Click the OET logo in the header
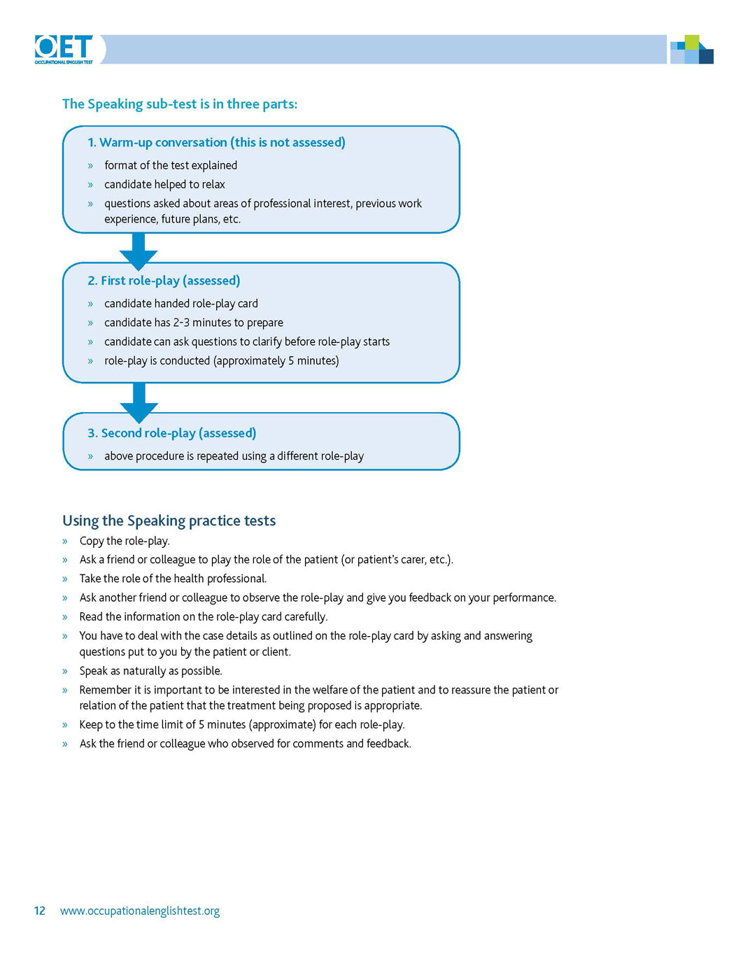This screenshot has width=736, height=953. click(64, 49)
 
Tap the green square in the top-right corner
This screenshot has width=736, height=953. click(691, 42)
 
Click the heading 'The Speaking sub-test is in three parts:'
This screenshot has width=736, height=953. click(180, 104)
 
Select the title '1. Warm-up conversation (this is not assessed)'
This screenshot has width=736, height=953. click(216, 143)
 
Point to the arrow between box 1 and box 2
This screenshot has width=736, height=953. click(139, 250)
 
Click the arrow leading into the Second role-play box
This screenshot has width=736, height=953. click(139, 402)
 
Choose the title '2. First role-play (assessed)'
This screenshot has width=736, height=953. click(164, 281)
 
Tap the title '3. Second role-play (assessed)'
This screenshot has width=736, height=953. click(171, 433)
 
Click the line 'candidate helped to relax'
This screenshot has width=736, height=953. click(164, 185)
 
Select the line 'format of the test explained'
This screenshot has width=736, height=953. click(171, 166)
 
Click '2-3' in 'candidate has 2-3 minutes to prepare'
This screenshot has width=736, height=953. click(181, 323)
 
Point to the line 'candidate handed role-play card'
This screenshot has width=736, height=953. click(181, 304)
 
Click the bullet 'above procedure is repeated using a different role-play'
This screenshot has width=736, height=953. click(234, 456)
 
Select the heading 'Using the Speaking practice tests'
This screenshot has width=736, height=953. click(169, 521)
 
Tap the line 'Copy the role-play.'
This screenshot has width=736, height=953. click(125, 541)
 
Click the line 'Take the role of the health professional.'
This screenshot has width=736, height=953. click(173, 579)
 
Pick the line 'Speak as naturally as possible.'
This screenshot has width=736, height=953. click(150, 671)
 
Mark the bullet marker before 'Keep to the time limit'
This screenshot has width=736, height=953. click(65, 725)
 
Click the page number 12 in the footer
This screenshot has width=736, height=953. click(40, 911)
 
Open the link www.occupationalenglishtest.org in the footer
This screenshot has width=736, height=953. click(140, 911)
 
